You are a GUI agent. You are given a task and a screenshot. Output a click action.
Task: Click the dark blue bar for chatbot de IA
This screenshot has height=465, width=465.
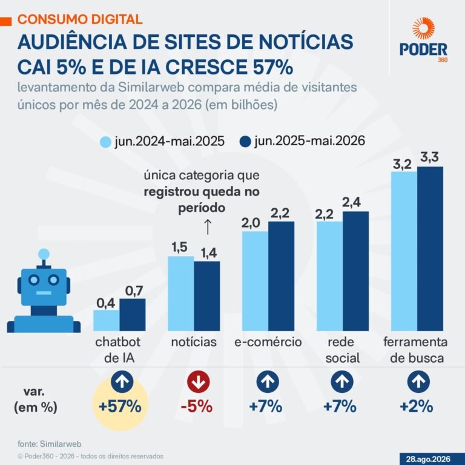(x=133, y=315)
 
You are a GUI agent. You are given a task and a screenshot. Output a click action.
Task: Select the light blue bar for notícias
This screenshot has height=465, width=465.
(x=181, y=294)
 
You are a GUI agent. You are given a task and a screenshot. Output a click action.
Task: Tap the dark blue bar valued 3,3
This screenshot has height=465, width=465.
(x=430, y=249)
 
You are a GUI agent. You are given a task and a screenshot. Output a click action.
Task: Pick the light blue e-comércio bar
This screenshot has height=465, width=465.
(x=256, y=281)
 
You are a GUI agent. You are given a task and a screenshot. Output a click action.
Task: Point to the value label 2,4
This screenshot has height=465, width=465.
(x=351, y=202)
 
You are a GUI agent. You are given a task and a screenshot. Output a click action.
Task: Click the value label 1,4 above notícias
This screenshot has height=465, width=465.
(x=209, y=253)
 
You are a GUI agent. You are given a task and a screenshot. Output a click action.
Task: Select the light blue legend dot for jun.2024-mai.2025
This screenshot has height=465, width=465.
(x=105, y=142)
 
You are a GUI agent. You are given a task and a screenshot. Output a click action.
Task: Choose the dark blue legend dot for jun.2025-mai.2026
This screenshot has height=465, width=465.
(x=245, y=142)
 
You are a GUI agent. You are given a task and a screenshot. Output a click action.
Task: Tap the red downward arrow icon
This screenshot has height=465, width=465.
(x=199, y=381)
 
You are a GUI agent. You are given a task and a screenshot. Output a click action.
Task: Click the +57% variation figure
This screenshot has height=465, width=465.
(x=120, y=406)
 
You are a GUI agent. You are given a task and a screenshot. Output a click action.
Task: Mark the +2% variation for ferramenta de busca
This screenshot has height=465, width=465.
(x=417, y=406)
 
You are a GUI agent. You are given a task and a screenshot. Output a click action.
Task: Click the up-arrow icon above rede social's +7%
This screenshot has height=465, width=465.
(x=342, y=381)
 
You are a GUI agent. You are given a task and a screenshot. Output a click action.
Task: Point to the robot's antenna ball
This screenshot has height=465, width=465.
(x=44, y=254)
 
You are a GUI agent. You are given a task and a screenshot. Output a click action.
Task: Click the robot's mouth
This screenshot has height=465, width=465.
(x=44, y=293)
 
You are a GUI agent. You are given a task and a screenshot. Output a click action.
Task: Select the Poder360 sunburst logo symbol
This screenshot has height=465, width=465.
(x=423, y=28)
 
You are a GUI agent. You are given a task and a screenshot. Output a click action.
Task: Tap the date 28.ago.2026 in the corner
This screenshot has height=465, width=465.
(x=428, y=459)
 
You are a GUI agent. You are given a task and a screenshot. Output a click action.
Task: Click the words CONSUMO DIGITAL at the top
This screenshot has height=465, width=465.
(x=80, y=19)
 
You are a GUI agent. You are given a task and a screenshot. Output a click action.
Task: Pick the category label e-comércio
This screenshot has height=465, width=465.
(x=268, y=342)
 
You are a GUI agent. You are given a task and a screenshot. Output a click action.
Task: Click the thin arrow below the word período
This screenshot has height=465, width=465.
(x=208, y=227)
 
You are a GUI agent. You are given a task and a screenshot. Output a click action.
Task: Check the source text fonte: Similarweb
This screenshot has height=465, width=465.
(x=50, y=444)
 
